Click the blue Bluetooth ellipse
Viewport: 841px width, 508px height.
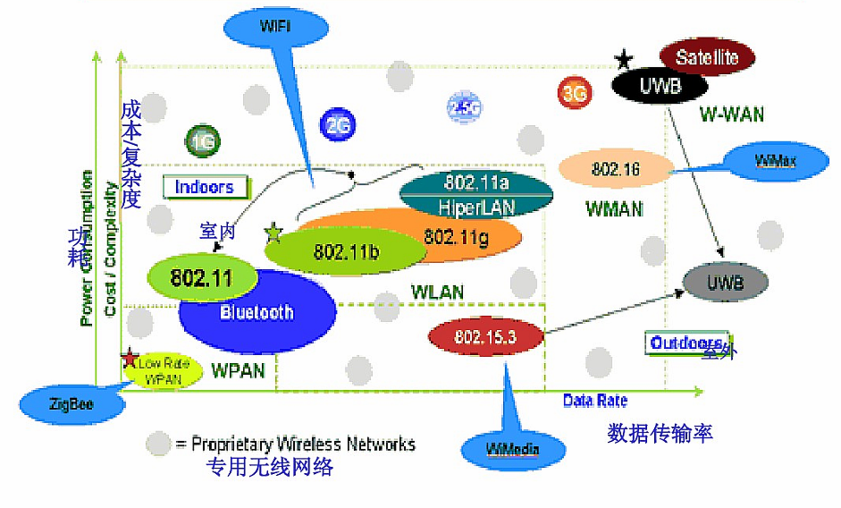click(257, 312)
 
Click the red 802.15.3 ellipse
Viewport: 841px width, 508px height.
click(485, 337)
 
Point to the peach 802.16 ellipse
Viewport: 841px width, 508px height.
click(616, 168)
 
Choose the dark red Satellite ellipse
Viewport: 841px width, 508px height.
click(707, 58)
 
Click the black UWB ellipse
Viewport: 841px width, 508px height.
click(660, 86)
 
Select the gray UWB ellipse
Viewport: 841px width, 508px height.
click(725, 283)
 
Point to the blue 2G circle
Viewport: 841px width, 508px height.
click(336, 126)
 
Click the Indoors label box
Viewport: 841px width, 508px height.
click(204, 187)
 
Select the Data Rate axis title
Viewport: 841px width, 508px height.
click(594, 401)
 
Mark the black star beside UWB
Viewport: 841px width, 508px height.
click(623, 60)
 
